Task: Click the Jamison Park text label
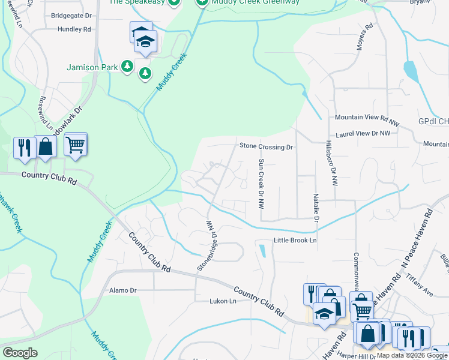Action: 92,67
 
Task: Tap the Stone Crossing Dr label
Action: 265,146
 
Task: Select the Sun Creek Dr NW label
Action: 261,184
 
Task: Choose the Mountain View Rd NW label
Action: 367,118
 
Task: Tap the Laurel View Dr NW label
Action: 363,134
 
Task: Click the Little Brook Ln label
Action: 295,241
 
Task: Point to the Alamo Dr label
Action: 122,290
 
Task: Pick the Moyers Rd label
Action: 364,37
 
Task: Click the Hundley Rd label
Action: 74,29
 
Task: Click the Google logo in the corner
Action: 20,353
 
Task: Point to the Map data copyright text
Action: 412,355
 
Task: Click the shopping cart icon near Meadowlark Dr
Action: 75,145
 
